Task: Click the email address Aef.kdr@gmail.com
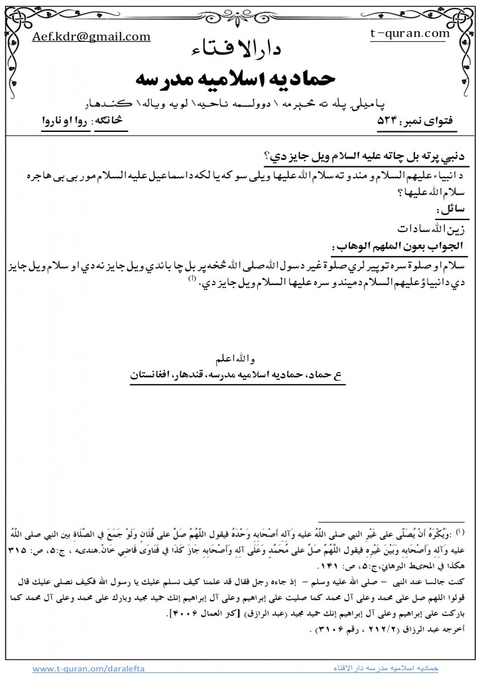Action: click(x=91, y=37)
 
